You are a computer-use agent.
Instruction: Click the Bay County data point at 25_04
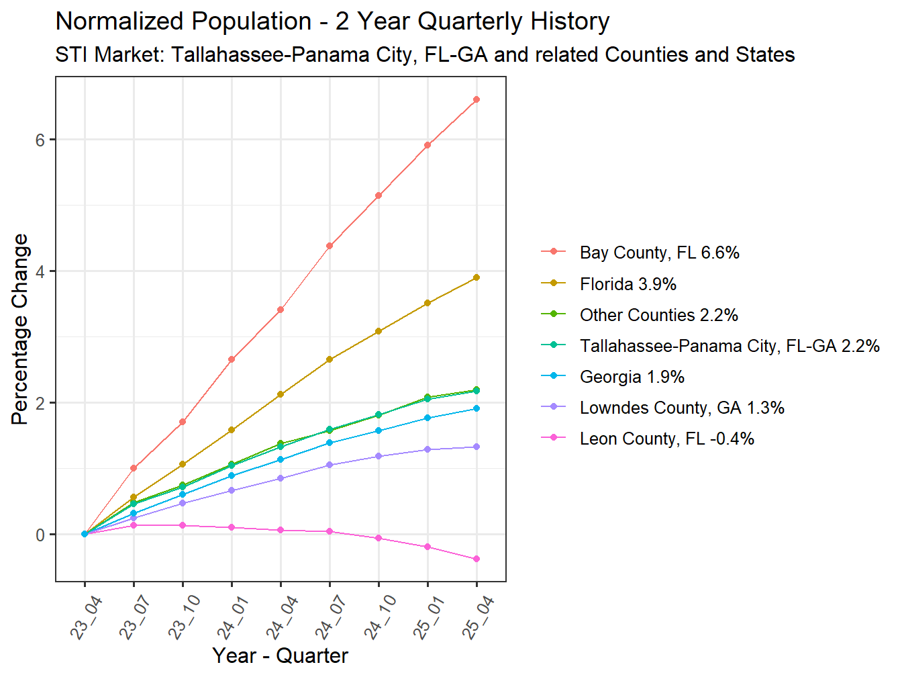click(x=477, y=99)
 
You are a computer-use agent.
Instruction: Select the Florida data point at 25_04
click(x=477, y=277)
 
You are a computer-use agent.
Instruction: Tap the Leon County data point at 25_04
click(x=477, y=559)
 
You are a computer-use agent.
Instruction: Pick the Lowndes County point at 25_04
click(x=477, y=447)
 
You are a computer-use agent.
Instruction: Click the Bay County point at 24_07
click(x=330, y=246)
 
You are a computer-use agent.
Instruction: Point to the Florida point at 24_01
click(x=232, y=430)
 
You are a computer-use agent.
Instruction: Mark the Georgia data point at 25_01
click(x=428, y=418)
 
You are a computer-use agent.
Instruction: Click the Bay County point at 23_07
click(x=134, y=468)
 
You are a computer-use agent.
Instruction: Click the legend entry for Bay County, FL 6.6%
click(x=659, y=253)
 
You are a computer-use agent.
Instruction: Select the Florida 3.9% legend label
click(x=628, y=284)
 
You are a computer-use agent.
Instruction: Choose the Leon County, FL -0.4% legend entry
click(x=666, y=439)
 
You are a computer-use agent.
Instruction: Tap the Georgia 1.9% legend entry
click(x=632, y=377)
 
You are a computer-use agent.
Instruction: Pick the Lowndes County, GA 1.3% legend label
click(x=682, y=408)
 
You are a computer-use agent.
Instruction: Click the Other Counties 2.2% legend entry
click(x=658, y=315)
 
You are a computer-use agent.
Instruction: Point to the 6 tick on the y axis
click(x=40, y=140)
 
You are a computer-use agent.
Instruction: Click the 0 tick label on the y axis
click(x=40, y=535)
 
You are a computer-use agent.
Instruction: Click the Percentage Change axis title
click(x=20, y=329)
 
